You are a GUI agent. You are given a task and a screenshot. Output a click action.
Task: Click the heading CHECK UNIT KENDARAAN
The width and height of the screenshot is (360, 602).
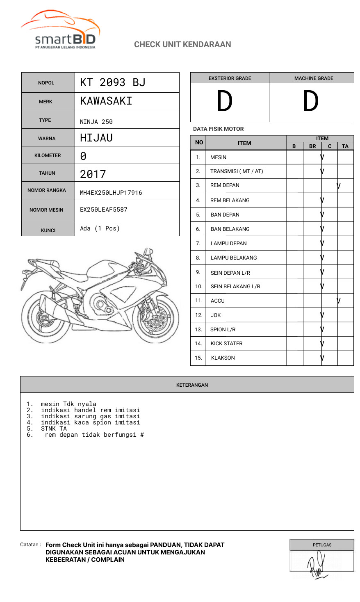click(x=182, y=44)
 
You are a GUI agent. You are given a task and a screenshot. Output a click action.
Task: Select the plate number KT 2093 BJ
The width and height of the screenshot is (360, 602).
click(x=113, y=82)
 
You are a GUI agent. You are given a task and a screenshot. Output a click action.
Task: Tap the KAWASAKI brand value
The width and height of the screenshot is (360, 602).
click(x=106, y=101)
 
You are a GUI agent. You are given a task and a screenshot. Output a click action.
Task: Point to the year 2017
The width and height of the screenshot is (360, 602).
click(x=93, y=174)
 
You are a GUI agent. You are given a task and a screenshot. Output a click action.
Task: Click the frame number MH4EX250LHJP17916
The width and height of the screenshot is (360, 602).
click(x=111, y=193)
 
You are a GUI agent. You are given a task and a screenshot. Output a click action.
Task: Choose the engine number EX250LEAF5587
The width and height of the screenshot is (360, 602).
click(x=104, y=210)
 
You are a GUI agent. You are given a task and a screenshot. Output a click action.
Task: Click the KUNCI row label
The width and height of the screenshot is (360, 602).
click(x=48, y=230)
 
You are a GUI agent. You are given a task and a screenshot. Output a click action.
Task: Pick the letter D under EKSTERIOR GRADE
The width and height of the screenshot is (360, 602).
click(x=224, y=101)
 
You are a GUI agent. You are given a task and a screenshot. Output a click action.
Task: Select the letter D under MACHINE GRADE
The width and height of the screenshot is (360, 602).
click(x=310, y=101)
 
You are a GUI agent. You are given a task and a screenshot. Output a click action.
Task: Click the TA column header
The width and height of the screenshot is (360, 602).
click(x=345, y=146)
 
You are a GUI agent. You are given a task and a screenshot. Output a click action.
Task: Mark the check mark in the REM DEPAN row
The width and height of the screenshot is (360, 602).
click(x=339, y=186)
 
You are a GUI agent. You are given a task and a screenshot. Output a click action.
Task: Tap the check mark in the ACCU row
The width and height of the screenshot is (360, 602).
click(x=339, y=301)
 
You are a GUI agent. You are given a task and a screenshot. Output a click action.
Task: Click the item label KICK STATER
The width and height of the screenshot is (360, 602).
click(x=226, y=344)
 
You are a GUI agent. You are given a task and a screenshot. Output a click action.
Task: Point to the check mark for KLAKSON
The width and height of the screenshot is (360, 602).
click(x=322, y=358)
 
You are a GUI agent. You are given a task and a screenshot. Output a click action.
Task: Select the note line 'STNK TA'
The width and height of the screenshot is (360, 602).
click(x=54, y=429)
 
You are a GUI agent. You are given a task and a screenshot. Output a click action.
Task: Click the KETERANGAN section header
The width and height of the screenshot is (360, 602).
click(x=192, y=385)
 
